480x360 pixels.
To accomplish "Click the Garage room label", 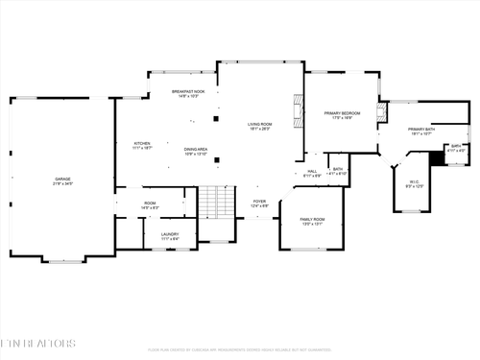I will pyautogui.click(x=62, y=180).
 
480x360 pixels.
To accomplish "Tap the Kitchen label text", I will pyautogui.click(x=141, y=146).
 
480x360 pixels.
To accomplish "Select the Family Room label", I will pyautogui.click(x=313, y=221).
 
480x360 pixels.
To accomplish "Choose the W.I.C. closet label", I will pyautogui.click(x=414, y=182).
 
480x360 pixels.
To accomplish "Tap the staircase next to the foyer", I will pyautogui.click(x=216, y=203).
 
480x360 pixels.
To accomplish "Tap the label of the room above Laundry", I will pyautogui.click(x=150, y=204).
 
